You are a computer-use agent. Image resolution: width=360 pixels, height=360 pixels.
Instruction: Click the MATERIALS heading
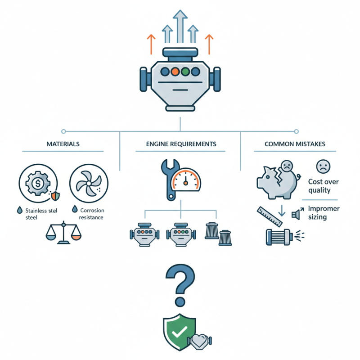point(63,144)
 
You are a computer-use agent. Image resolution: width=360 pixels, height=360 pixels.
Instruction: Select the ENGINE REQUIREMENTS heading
point(181,144)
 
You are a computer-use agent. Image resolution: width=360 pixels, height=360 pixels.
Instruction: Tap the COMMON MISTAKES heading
point(295,144)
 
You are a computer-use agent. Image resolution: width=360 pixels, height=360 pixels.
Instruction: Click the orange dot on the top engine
point(175,72)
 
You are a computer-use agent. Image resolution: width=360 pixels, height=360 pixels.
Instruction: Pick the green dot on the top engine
point(185,72)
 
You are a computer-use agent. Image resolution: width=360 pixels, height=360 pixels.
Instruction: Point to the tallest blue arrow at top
point(180,27)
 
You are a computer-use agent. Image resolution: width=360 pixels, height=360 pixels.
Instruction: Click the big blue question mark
point(180,285)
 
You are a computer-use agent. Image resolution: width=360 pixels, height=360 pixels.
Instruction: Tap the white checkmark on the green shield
point(180,332)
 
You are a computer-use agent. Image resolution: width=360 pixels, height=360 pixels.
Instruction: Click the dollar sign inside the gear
point(38,183)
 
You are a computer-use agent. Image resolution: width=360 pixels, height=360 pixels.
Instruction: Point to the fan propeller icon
point(89,183)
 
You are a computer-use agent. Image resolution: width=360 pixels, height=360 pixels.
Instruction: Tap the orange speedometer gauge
point(185,180)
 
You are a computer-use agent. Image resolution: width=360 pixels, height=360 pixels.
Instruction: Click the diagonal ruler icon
point(270,216)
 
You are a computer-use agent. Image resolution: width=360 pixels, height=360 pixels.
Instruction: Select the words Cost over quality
point(323,186)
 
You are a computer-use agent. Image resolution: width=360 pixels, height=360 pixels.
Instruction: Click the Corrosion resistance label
point(92,214)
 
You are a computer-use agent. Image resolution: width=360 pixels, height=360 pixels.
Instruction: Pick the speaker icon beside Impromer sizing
point(297,213)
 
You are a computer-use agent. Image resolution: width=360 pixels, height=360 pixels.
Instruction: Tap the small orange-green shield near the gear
point(55,196)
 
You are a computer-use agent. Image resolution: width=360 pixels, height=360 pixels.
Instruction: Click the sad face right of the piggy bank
point(323,166)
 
